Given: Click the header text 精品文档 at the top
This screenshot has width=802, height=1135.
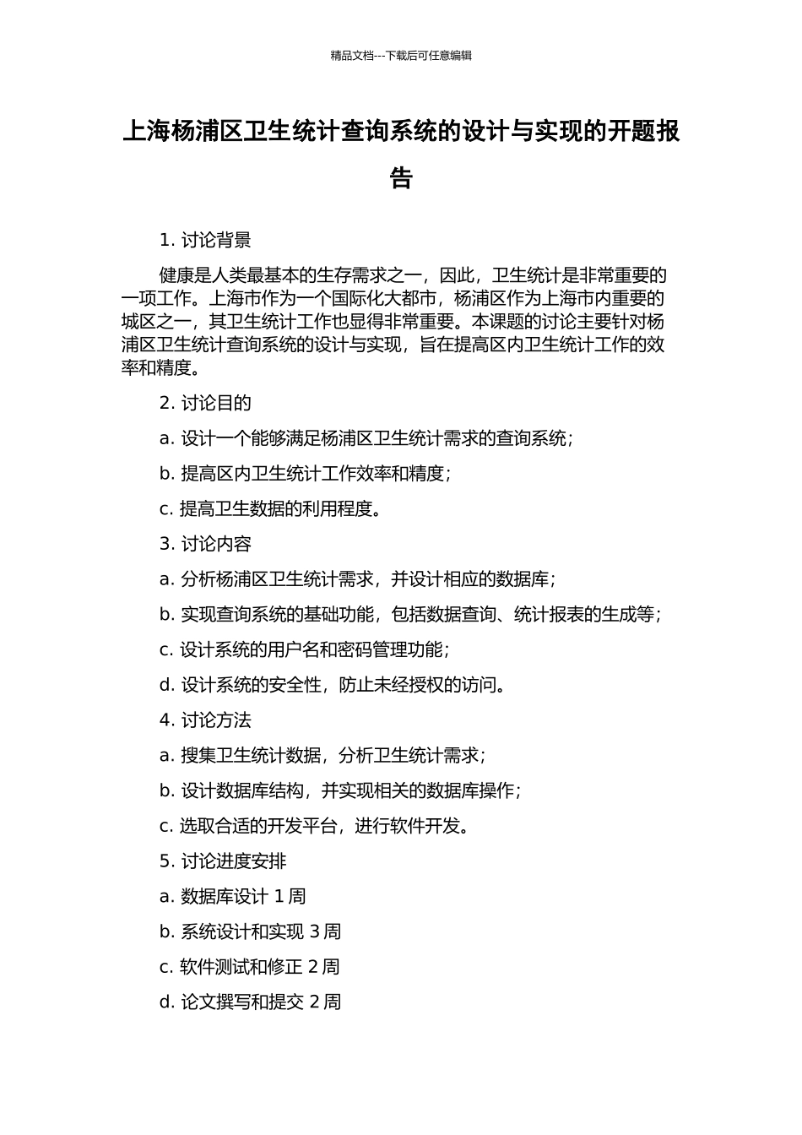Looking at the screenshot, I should point(352,56).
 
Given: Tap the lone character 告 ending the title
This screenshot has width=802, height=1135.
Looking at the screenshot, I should point(401,178).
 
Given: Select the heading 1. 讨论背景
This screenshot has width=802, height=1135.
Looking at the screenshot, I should point(205,241).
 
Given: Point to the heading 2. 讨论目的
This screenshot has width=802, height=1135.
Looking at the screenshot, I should point(205,404).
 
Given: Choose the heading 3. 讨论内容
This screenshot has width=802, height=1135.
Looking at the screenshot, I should point(205,545).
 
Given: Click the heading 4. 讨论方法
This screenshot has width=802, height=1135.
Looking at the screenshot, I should point(205,720).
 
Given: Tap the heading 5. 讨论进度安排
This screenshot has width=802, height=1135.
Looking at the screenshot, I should point(223,861).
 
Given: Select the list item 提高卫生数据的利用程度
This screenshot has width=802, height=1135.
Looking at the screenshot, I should point(270,509).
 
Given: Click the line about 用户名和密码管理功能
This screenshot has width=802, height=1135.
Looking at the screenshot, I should point(304,650).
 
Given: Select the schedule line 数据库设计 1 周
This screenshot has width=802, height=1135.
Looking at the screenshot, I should point(232,897).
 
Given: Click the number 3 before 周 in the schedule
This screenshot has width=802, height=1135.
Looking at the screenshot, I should point(314,932).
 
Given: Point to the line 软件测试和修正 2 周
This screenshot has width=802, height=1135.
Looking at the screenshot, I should point(249,967).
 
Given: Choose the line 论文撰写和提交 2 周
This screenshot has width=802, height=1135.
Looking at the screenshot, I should point(250,1002).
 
